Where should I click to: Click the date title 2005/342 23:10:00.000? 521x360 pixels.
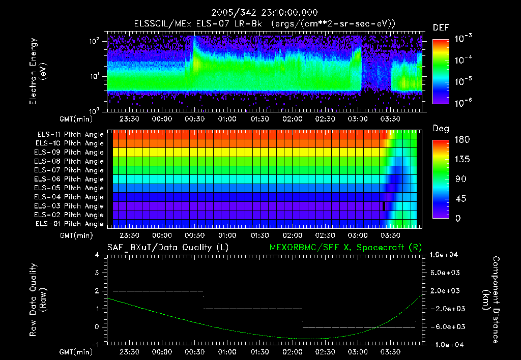tap(261, 13)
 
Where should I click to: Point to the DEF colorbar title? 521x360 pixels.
tap(441, 27)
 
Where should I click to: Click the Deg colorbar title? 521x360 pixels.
tap(441, 129)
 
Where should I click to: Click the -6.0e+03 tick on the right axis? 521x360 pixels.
tap(446, 326)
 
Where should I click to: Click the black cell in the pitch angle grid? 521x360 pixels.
tap(384, 206)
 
